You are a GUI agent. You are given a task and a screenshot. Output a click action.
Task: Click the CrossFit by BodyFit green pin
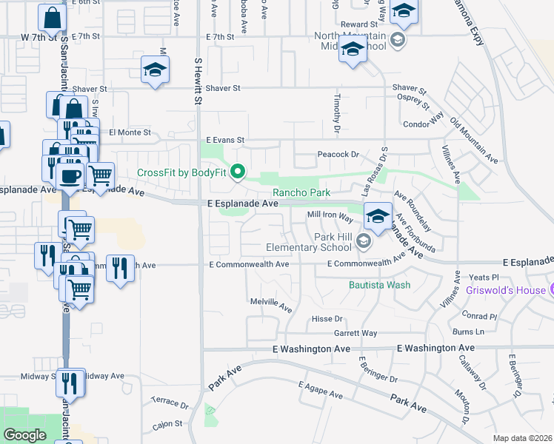[x=238, y=173]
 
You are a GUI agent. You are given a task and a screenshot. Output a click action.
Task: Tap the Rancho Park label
[x=304, y=192]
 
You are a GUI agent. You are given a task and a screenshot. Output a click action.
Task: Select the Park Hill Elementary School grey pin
[x=363, y=241]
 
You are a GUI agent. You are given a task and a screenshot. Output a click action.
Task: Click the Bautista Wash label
[x=379, y=284]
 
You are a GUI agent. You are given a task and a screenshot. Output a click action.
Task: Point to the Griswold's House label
[x=505, y=290]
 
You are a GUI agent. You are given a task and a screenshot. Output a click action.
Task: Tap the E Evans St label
[x=225, y=139]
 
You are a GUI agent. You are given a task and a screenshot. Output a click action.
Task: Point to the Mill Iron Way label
[x=330, y=217]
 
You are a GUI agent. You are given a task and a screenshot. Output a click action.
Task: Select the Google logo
[x=24, y=435]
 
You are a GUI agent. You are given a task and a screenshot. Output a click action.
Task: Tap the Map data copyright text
[x=523, y=438]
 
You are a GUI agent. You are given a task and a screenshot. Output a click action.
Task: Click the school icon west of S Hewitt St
[x=156, y=70]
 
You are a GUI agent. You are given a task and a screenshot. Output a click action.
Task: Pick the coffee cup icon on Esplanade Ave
[x=70, y=177]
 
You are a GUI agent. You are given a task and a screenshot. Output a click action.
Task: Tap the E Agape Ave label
[x=321, y=390]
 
